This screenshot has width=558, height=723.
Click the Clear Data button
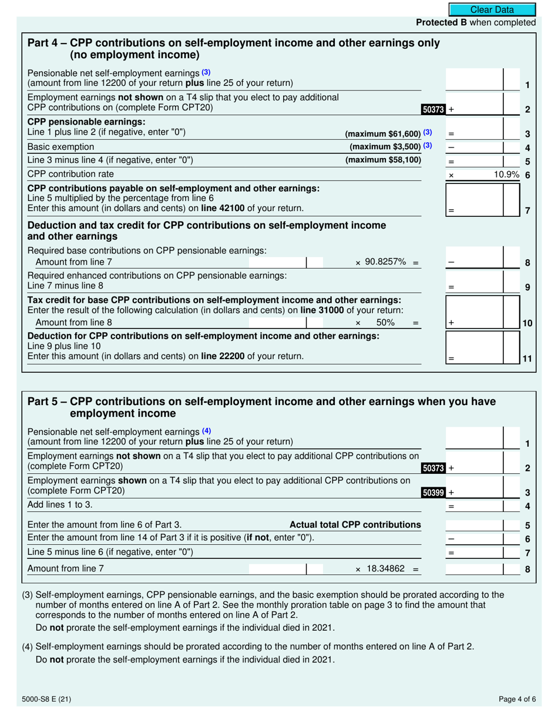coord(492,9)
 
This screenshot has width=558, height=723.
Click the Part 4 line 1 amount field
coord(475,79)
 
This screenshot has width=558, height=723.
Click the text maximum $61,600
coord(383,133)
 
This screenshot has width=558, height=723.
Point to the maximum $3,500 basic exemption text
coord(385,146)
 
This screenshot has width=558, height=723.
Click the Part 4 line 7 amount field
coord(475,200)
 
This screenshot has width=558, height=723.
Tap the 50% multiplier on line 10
coord(385,322)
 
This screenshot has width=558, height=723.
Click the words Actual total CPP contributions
coord(355,524)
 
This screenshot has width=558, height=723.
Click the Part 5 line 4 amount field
coord(475,506)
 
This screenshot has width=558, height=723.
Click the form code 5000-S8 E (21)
coord(47,699)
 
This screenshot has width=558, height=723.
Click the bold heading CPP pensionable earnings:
coord(86,122)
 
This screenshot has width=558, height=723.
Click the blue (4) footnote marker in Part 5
coord(206,430)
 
